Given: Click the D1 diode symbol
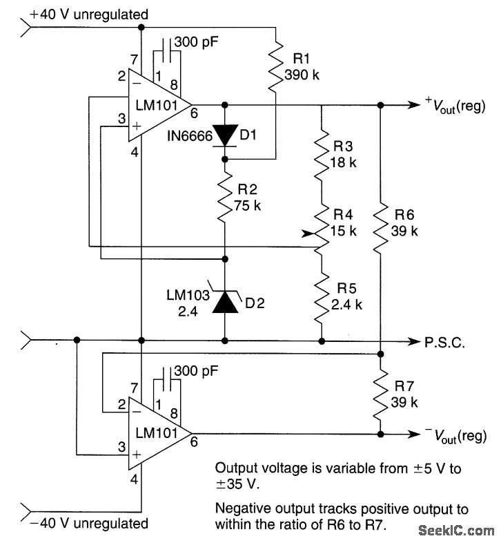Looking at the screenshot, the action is coord(224,135).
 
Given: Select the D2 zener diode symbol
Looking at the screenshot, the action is coord(225,301).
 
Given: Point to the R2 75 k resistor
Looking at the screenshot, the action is coord(225,198).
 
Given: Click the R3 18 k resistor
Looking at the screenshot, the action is coord(322,154).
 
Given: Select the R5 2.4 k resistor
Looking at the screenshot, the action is coord(322,296).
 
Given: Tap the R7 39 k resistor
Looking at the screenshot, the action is coord(380,394).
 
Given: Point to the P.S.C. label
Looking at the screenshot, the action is coord(444,343).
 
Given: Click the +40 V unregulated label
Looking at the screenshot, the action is coord(89,15).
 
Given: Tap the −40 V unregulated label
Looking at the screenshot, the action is coord(89,523).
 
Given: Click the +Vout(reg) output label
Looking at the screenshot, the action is coord(455,105).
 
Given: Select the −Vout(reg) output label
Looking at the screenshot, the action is coord(455,436).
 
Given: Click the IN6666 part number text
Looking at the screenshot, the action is coord(190,136).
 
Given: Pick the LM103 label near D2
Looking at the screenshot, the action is coord(188,295).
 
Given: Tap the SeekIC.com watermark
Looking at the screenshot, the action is coord(456,530).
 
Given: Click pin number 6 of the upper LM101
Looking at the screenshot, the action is coord(194,113).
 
